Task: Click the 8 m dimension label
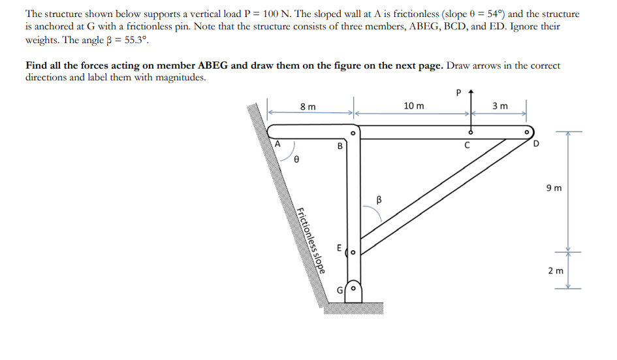(308, 106)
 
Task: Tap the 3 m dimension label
(500, 106)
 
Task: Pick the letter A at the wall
(277, 142)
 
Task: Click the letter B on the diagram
(340, 146)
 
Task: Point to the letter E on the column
(339, 248)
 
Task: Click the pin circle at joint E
(353, 251)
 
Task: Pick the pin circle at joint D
(528, 132)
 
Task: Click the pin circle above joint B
(353, 133)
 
